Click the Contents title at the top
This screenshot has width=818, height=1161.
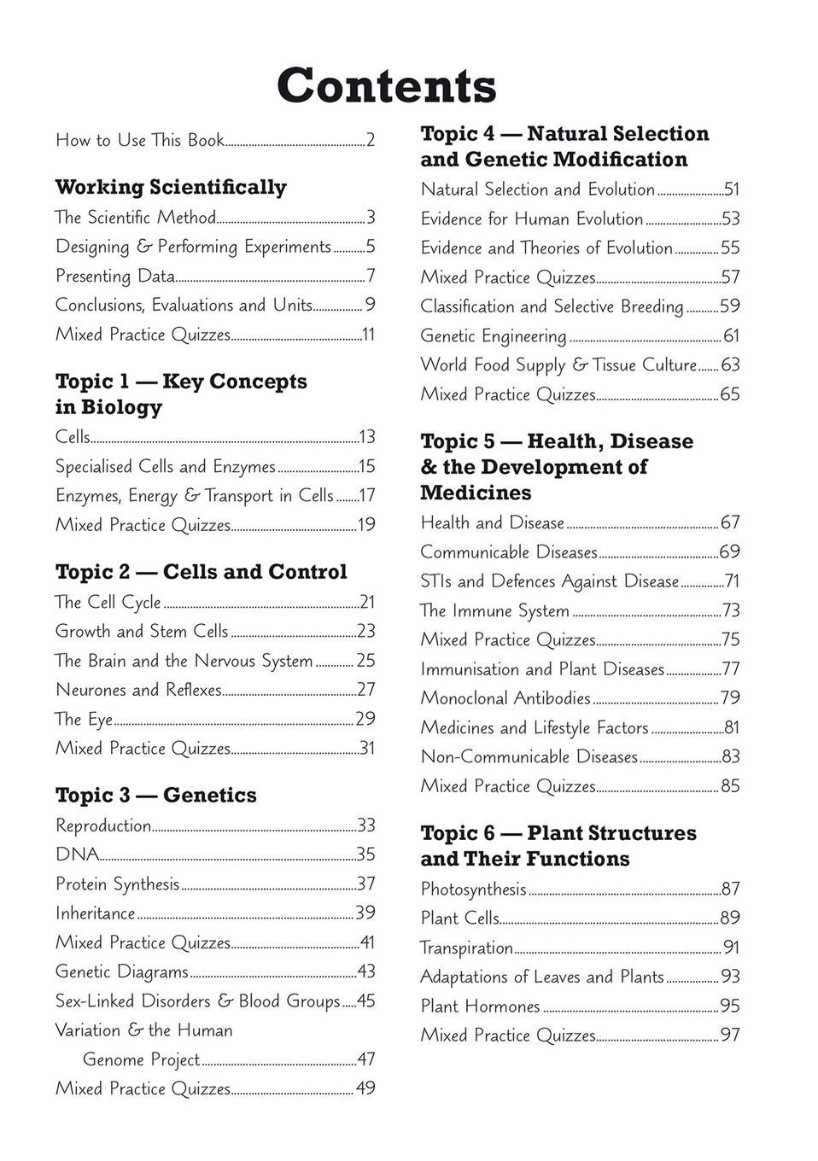(x=386, y=85)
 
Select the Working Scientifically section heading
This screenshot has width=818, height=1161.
(x=171, y=187)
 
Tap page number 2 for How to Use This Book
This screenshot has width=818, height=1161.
(x=371, y=140)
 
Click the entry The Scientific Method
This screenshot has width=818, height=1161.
(x=136, y=218)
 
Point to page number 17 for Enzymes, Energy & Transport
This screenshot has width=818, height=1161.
(x=366, y=496)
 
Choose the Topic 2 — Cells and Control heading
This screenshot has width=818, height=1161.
(x=201, y=572)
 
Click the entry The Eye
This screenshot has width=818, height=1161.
(x=84, y=719)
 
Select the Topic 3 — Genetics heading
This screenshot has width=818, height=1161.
(x=155, y=796)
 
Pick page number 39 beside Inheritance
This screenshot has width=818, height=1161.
(x=365, y=913)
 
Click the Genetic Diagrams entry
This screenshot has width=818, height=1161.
(x=122, y=971)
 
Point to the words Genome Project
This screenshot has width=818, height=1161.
(x=141, y=1059)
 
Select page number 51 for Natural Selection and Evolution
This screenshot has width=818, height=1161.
(x=731, y=190)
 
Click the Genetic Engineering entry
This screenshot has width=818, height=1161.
(x=494, y=336)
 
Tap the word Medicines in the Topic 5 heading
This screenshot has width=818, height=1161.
(x=476, y=493)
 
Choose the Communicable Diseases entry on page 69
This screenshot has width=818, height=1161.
(x=509, y=552)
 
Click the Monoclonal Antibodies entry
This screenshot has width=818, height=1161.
(x=505, y=698)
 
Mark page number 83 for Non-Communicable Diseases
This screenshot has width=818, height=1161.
(x=730, y=757)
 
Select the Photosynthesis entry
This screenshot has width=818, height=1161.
(x=473, y=890)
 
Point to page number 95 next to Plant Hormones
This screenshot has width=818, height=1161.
(x=730, y=1006)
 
